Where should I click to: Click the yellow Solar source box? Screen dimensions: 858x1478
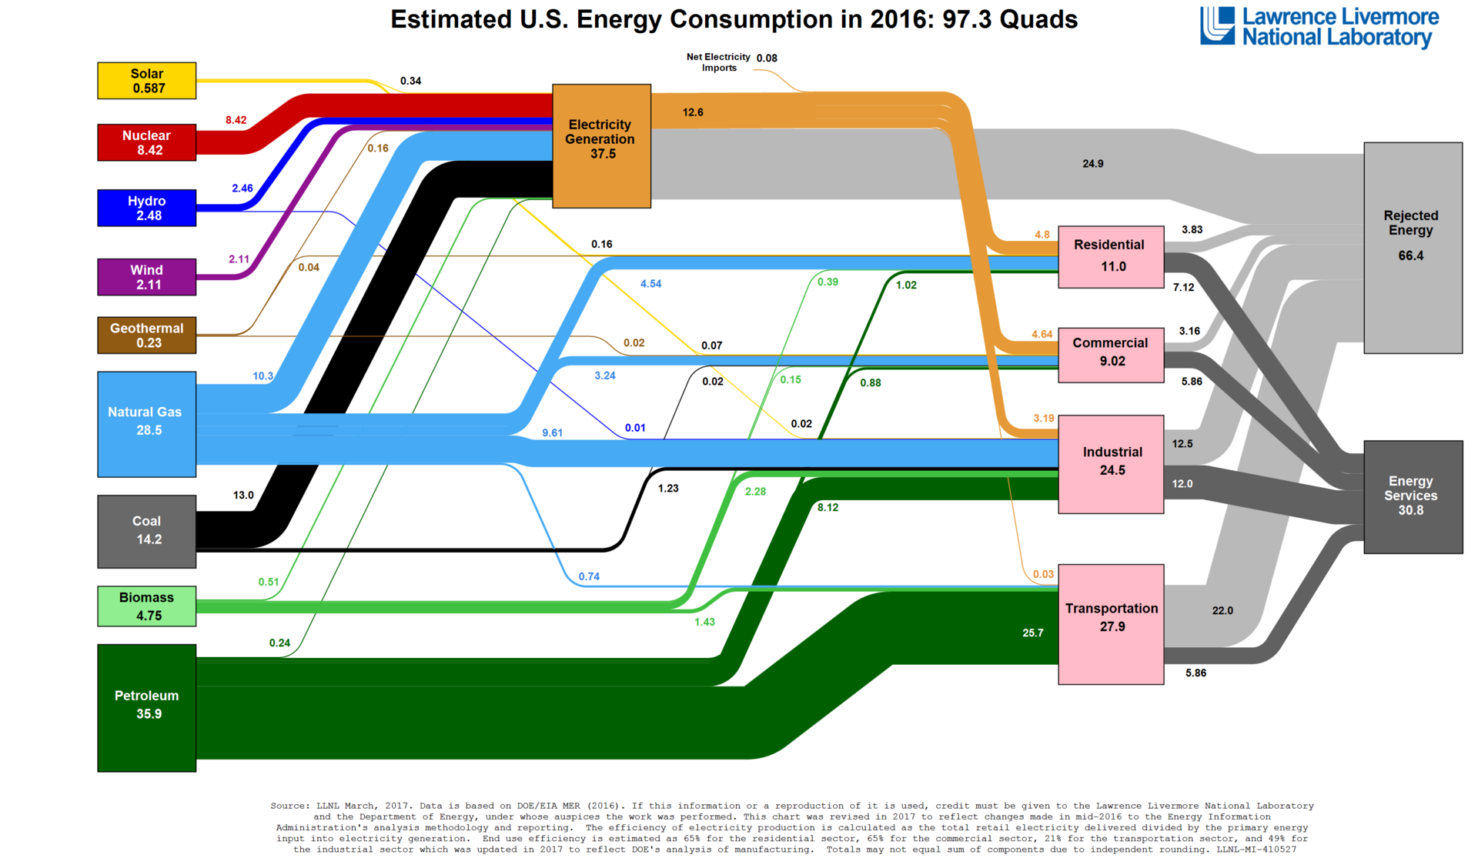[x=146, y=81]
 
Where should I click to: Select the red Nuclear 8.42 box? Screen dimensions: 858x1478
[x=146, y=142]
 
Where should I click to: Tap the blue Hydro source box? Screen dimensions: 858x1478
[x=146, y=208]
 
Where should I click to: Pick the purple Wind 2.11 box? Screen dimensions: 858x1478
[x=146, y=277]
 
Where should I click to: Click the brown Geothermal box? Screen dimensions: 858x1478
[x=146, y=335]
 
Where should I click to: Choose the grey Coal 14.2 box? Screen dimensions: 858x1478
[x=146, y=531]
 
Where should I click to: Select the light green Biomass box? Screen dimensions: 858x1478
[x=146, y=606]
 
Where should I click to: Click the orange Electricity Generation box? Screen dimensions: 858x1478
[x=601, y=146]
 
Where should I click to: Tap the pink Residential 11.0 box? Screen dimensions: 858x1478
[x=1111, y=257]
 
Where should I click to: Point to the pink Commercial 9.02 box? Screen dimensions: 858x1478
[x=1111, y=355]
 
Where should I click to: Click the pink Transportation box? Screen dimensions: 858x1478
[x=1111, y=624]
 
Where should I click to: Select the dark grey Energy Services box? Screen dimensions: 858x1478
[x=1413, y=496]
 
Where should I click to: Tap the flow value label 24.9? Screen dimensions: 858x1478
[x=1092, y=164]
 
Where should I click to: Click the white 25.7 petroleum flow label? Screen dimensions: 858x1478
[x=1032, y=633]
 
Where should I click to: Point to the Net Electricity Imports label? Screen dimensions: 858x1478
[x=718, y=62]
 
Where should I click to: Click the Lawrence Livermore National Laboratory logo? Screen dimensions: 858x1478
[x=1319, y=28]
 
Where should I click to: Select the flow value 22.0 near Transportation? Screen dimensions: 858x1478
[x=1222, y=611]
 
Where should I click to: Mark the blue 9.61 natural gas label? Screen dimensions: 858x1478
[x=552, y=433]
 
